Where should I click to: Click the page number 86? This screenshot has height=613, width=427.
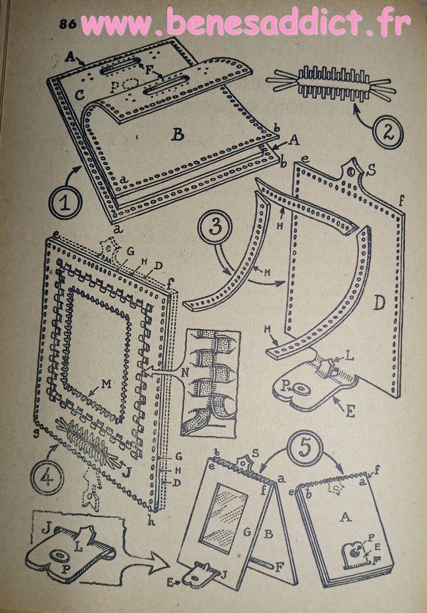(68, 24)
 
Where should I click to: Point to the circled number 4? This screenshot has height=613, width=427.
(47, 479)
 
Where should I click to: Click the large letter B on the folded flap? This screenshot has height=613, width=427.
(178, 135)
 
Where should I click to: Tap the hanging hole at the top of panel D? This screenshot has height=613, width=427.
(353, 171)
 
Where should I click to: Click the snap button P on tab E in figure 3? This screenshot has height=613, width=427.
(302, 389)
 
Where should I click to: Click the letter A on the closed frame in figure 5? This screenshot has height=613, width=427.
(346, 517)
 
